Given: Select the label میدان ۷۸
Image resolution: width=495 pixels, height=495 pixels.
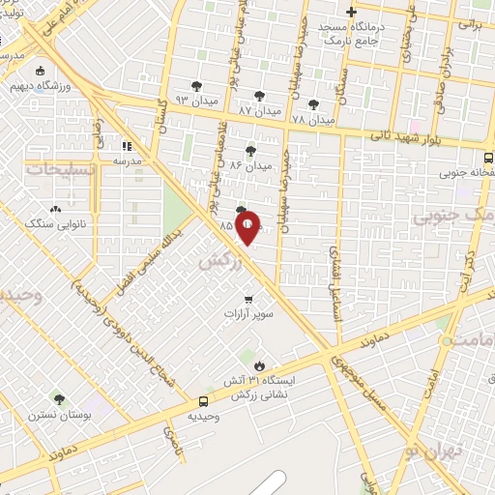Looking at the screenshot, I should click(311, 119).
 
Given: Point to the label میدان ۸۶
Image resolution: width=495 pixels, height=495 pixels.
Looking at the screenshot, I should click(248, 166).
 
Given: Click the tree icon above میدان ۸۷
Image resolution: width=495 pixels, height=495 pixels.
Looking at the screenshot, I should click(259, 95).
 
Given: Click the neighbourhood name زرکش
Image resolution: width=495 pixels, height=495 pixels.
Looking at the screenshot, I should click(218, 261).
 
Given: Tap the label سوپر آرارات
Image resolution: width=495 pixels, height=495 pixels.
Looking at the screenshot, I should click(249, 314).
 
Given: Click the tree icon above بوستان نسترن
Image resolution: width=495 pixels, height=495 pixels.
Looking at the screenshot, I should click(60, 398).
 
